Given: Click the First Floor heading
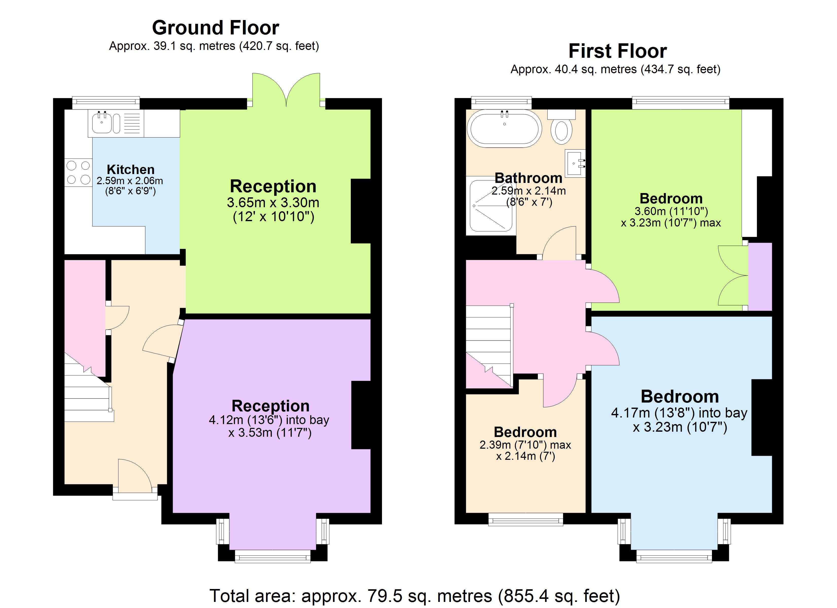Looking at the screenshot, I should click(x=617, y=51).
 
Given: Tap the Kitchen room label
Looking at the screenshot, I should click(x=130, y=169).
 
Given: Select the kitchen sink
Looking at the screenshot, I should click(x=102, y=123).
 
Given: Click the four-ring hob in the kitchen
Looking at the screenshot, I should click(x=78, y=172).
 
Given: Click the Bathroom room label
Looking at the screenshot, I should click(x=528, y=178).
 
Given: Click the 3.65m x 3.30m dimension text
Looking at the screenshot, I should click(x=273, y=202).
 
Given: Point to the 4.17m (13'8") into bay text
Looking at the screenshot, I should click(x=679, y=413).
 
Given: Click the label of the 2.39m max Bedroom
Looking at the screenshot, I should click(x=525, y=432).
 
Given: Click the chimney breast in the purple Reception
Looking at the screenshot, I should click(x=361, y=415).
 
